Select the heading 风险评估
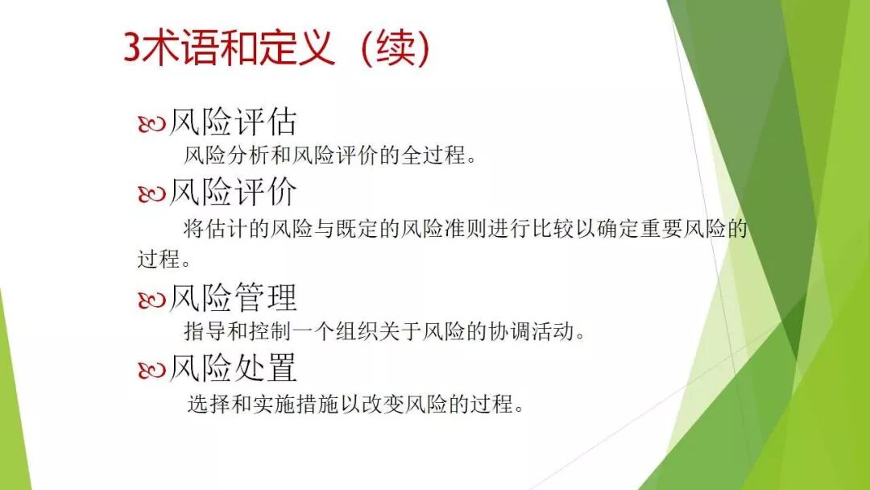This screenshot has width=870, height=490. point(233,122)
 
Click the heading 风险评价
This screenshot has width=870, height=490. point(233,193)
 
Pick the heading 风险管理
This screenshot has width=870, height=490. point(233,298)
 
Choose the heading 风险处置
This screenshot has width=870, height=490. point(233,368)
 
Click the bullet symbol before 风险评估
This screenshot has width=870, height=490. point(151,124)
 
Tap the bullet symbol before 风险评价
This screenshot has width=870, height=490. point(151,194)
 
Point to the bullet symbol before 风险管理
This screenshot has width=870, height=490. point(151,300)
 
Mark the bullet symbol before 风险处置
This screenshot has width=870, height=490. point(151,370)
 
